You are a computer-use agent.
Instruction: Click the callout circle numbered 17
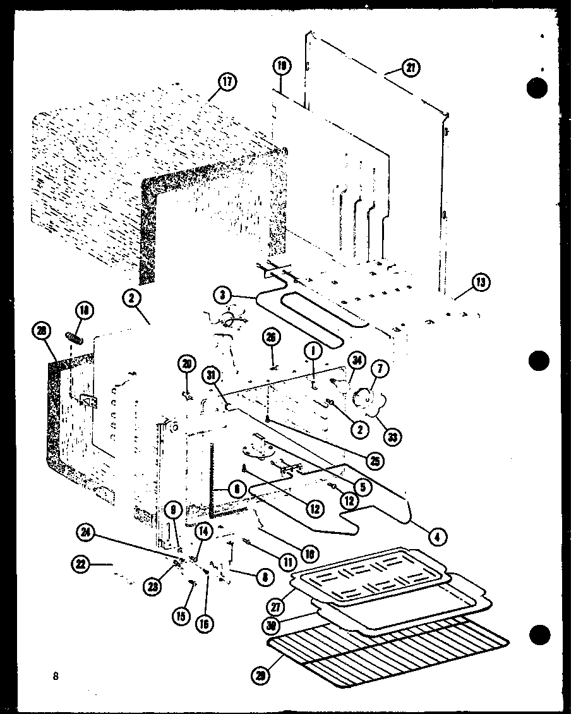click(x=227, y=82)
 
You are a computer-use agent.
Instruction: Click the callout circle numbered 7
click(x=383, y=368)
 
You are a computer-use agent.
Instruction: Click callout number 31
click(x=210, y=375)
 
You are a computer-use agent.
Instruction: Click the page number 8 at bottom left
click(x=56, y=676)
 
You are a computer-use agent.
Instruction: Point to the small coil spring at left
click(x=76, y=339)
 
